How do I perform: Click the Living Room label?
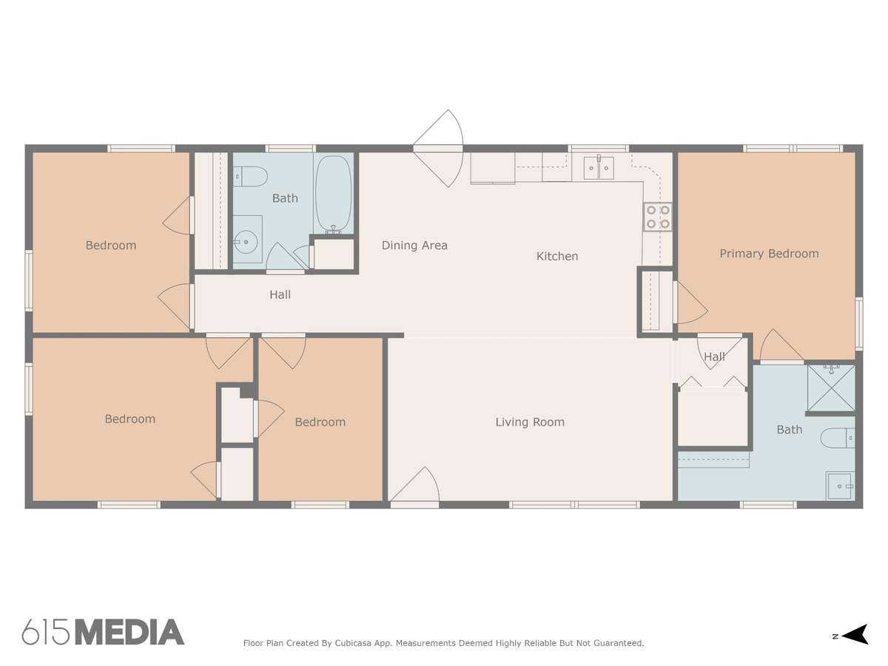click(530, 422)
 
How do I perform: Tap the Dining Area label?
click(414, 246)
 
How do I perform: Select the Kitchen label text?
click(557, 256)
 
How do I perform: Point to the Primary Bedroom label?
click(769, 254)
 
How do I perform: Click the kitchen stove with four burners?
click(657, 217)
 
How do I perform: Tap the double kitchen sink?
click(599, 168)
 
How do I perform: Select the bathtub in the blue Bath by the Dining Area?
click(333, 194)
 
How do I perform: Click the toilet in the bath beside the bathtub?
click(251, 177)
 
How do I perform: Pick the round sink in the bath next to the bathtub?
click(246, 242)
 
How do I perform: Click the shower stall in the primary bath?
click(831, 388)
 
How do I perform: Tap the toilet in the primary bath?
click(838, 438)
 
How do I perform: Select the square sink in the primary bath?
click(840, 486)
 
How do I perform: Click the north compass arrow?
click(856, 636)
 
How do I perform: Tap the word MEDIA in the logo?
click(130, 633)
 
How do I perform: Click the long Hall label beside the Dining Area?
click(280, 295)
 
